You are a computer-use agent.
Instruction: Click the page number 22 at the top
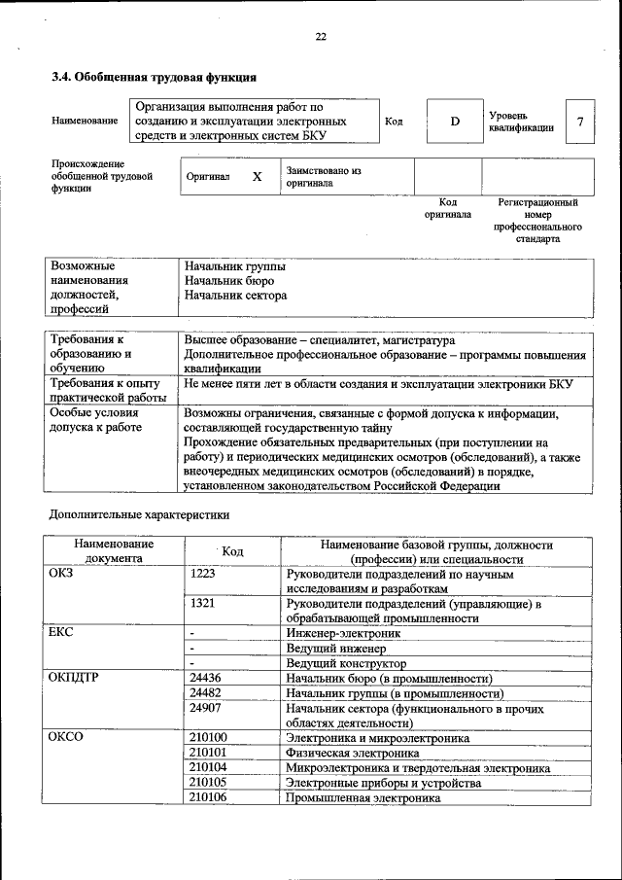pyautogui.click(x=320, y=37)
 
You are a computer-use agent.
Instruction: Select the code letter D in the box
pyautogui.click(x=454, y=122)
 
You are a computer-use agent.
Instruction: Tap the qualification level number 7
pyautogui.click(x=580, y=122)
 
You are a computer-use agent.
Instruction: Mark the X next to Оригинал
pyautogui.click(x=257, y=177)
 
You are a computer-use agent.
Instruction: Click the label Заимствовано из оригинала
pyautogui.click(x=323, y=176)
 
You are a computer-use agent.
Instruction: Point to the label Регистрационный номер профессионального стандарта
pyautogui.click(x=537, y=221)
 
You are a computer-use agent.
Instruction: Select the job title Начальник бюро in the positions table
pyautogui.click(x=224, y=280)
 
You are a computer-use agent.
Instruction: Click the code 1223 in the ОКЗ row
pyautogui.click(x=203, y=575)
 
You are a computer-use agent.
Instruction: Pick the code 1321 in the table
pyautogui.click(x=203, y=604)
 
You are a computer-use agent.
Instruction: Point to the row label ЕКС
pyautogui.click(x=61, y=633)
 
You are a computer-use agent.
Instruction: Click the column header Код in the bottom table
pyautogui.click(x=232, y=551)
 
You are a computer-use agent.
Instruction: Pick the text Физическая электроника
pyautogui.click(x=346, y=753)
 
